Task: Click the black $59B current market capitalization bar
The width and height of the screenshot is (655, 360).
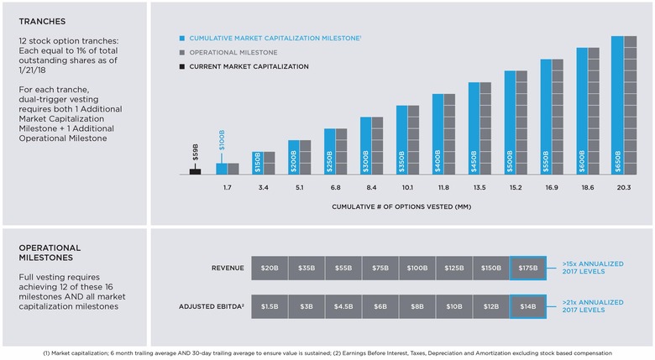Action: [195, 170]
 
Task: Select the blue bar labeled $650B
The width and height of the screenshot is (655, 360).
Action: [617, 105]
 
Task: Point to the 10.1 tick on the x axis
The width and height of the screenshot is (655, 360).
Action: [407, 187]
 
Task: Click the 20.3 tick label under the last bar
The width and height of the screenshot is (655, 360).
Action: [623, 187]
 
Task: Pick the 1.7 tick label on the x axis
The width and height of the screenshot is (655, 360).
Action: [228, 187]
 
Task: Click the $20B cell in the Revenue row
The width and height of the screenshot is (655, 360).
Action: [269, 268]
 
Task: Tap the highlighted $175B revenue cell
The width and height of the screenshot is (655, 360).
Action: [527, 268]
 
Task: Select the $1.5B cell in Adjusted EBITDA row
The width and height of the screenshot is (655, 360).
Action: [269, 305]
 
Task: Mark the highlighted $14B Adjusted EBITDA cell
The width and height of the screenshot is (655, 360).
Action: [527, 305]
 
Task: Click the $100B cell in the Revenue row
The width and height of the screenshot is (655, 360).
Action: [417, 268]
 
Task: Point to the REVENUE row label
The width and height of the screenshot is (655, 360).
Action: [228, 268]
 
